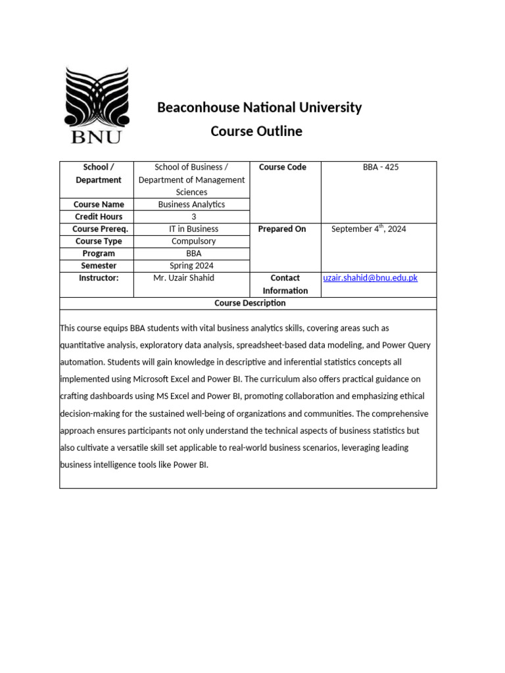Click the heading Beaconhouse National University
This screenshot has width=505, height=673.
(259, 107)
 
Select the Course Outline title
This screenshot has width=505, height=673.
(256, 131)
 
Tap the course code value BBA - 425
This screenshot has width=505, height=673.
(381, 168)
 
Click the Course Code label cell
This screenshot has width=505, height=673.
(282, 168)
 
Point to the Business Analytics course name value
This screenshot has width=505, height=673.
(191, 204)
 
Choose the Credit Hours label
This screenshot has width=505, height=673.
(98, 217)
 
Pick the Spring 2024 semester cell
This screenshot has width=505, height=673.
(191, 266)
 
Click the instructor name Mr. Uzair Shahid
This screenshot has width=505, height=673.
(184, 278)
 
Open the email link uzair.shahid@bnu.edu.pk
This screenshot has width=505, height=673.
(370, 278)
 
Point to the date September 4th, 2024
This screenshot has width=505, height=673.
(368, 229)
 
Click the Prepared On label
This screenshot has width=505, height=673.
(282, 229)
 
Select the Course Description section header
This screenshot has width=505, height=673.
(250, 303)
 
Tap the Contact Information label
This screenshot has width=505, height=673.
(285, 284)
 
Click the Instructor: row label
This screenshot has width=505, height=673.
(99, 278)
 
